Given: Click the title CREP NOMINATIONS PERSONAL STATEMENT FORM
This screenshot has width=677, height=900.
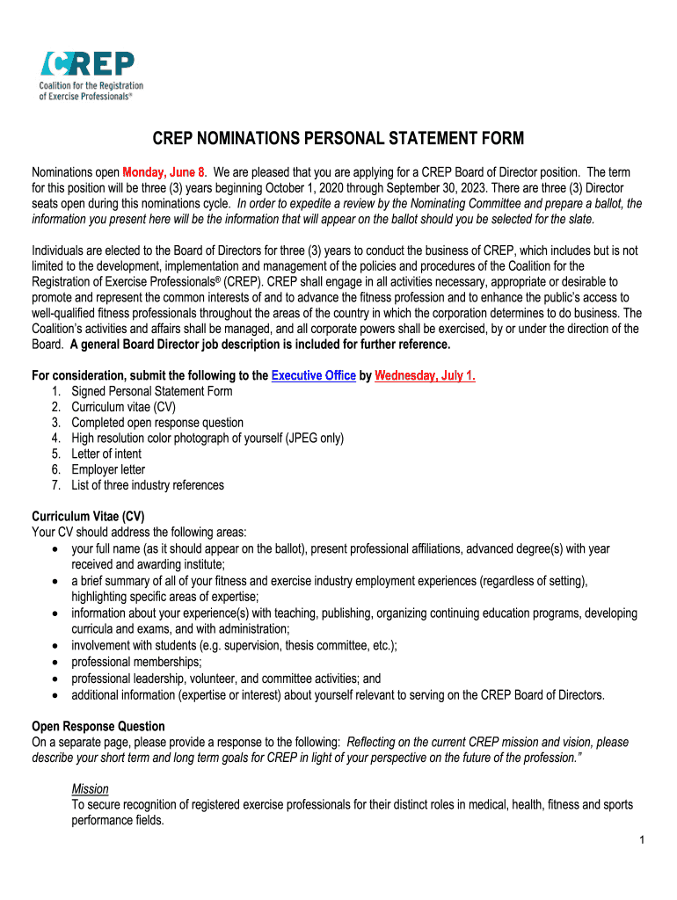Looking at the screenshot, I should coord(338,139).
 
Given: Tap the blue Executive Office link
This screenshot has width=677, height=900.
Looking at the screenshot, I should coord(314,375).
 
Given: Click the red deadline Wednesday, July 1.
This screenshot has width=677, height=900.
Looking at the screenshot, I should coord(425,375).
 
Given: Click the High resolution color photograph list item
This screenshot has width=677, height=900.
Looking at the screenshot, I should coord(207,438).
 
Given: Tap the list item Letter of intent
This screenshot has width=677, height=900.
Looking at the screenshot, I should coord(106,454).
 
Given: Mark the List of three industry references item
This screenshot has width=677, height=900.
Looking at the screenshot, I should coord(148,485).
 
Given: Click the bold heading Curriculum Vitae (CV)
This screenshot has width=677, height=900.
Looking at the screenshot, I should coord(89,517).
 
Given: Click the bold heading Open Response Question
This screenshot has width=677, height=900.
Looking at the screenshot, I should coord(98,726).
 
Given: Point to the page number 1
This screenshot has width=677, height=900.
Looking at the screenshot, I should coord(643,841).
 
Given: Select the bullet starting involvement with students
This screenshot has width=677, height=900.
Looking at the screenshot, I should coord(234,646).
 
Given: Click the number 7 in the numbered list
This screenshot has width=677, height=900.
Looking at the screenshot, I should coord(55,485).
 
